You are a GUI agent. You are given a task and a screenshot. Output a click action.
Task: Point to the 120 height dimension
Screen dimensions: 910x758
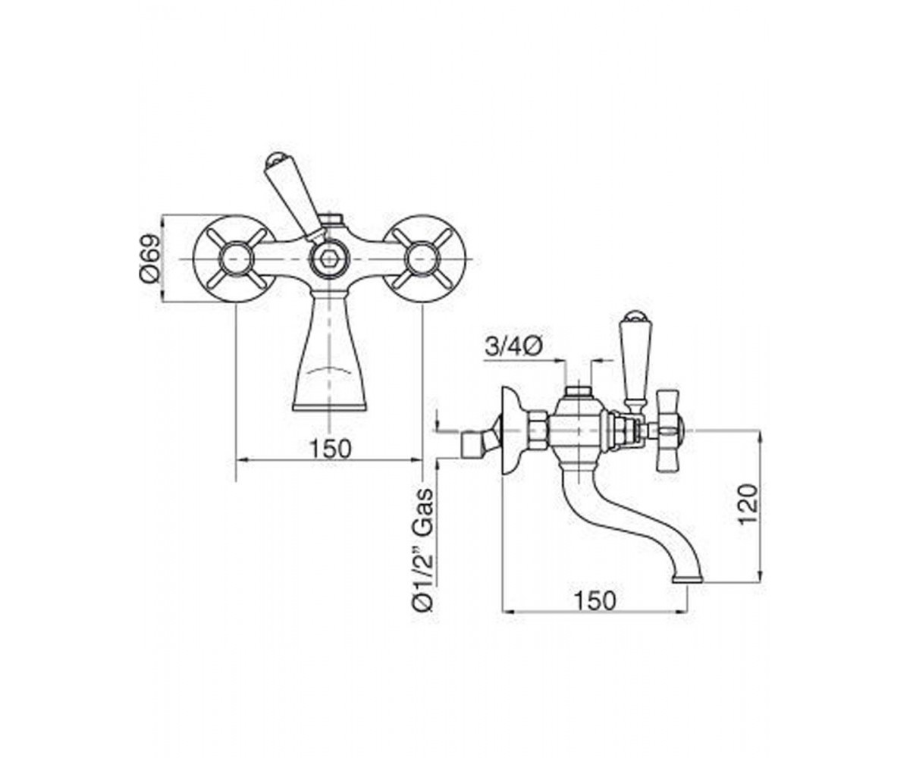point(748,504)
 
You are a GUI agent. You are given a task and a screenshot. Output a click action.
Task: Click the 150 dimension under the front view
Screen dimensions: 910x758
point(330,449)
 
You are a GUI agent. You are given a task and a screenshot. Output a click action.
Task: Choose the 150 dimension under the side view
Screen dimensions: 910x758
point(595,602)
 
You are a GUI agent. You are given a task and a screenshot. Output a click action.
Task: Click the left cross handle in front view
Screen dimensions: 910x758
point(236,258)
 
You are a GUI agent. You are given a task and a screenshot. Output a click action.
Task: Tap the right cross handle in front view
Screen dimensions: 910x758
point(422,258)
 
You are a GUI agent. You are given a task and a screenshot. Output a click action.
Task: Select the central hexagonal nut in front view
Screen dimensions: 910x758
point(329,259)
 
